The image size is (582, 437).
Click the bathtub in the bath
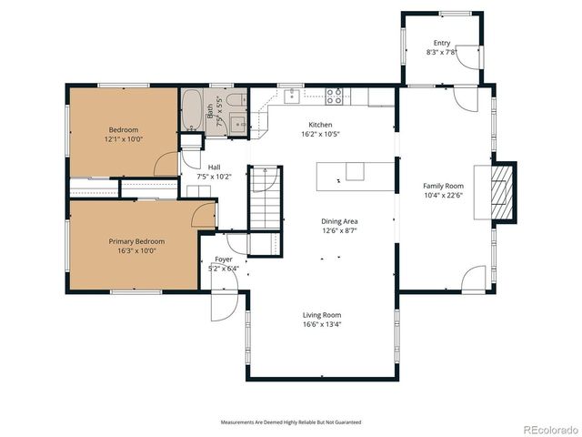[192, 111]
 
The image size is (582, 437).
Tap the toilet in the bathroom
[235, 100]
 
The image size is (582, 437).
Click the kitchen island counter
[355, 176]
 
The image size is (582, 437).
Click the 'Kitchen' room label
[320, 125]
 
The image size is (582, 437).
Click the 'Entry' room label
[442, 43]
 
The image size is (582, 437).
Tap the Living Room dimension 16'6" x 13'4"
[322, 324]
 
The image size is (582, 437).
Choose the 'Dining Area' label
[339, 221]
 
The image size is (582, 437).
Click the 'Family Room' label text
[443, 186]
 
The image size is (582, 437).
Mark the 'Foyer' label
[223, 259]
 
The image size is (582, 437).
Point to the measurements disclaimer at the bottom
[291, 422]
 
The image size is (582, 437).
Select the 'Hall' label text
[214, 168]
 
